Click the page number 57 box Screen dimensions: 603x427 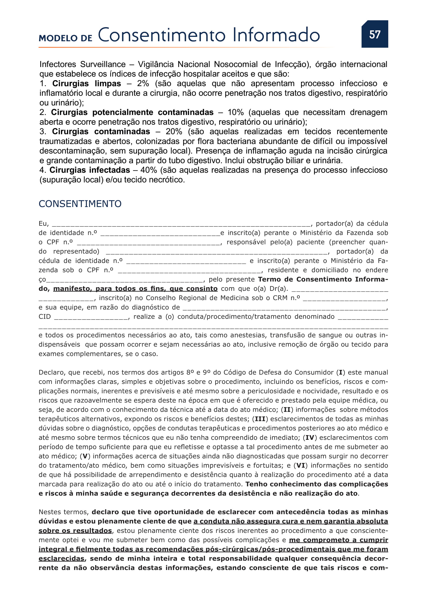pos(374,34)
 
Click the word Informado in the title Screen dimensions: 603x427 pos(276,35)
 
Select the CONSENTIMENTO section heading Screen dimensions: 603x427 pos(80,204)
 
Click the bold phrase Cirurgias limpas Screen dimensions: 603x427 pos(86,84)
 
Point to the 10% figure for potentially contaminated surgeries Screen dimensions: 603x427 pos(236,112)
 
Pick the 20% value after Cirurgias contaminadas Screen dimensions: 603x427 pos(174,131)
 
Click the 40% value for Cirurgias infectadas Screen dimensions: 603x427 pos(148,170)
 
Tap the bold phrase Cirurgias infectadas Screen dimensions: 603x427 pos(90,170)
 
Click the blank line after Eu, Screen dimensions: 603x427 pos(181,224)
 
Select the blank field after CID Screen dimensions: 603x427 pos(91,317)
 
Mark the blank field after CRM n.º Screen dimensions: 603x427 pos(344,299)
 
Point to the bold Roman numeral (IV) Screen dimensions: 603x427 pos(310,438)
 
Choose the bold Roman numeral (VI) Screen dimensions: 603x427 pos(301,466)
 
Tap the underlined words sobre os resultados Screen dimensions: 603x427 pos(75,531)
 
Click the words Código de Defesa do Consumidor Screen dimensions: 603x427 pos(279,373)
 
